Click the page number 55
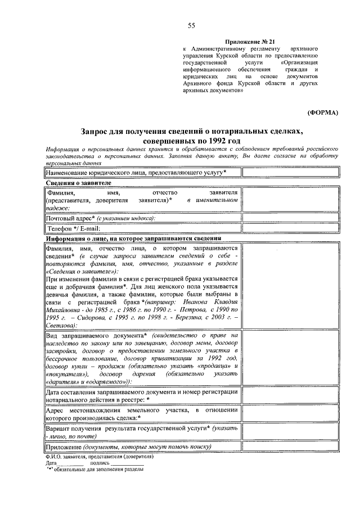[191, 26]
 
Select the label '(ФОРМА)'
[322, 112]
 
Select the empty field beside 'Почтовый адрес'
[291, 218]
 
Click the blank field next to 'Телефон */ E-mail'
[291, 229]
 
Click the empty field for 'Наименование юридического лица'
[291, 172]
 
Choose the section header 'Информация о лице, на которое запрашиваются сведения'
[133, 238]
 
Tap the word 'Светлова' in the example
[60, 326]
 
